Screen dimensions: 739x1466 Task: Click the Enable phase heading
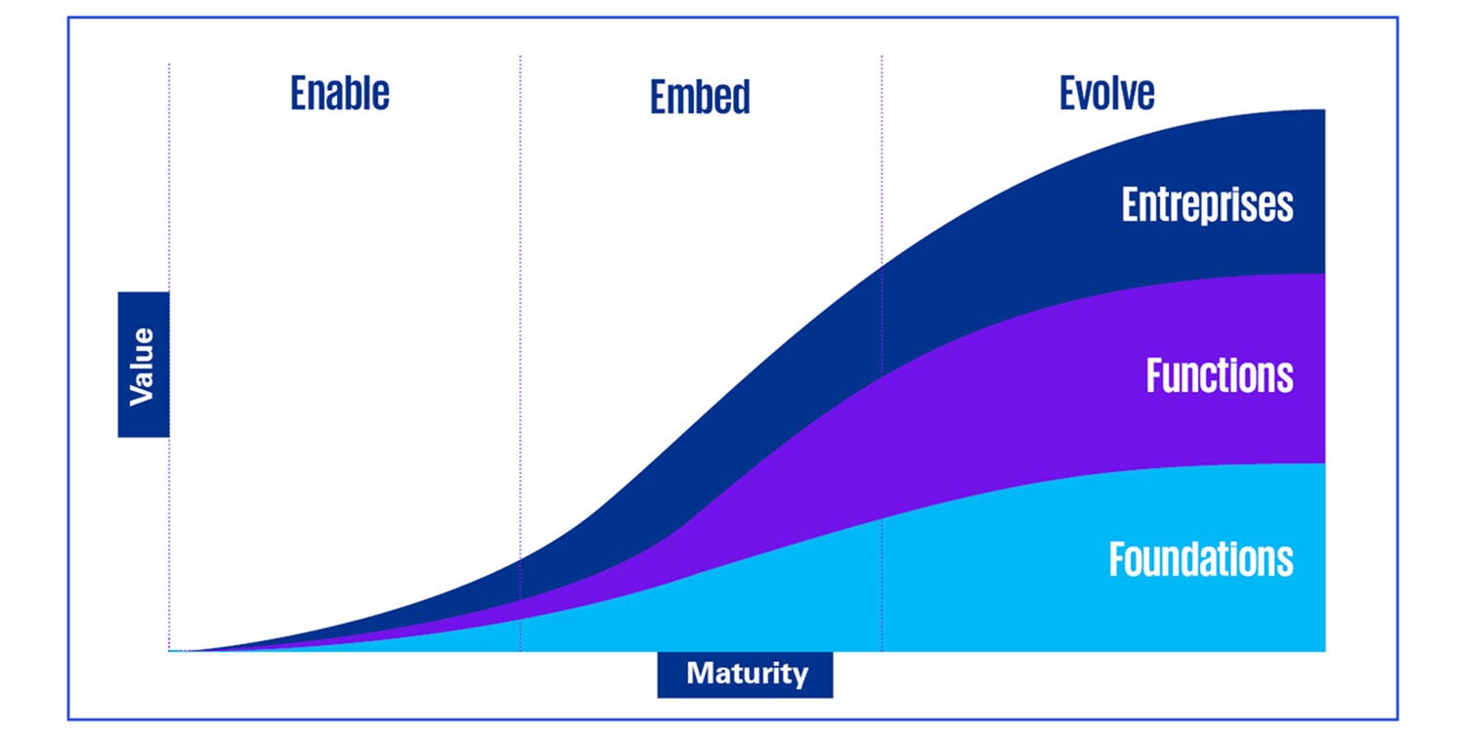[x=339, y=93]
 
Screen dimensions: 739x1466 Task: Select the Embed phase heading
[x=700, y=97]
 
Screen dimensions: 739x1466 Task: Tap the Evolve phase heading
[x=1106, y=93]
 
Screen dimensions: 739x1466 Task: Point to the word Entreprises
[x=1207, y=205]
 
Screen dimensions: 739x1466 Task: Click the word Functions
[x=1220, y=375]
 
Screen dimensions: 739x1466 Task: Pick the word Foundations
[x=1201, y=559]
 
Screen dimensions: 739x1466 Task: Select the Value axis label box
[x=144, y=364]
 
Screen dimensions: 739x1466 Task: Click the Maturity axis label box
[x=746, y=674]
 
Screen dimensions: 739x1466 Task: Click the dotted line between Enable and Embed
[x=520, y=293]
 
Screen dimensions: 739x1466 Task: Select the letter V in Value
[x=143, y=394]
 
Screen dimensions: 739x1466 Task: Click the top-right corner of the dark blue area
[x=1323, y=110]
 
